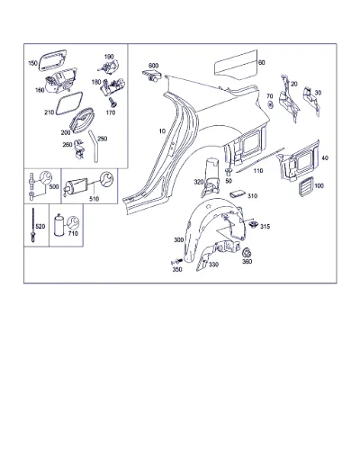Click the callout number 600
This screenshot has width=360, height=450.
(x=153, y=66)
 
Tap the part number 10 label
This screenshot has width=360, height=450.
(x=162, y=131)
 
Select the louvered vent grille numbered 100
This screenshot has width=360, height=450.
(x=306, y=186)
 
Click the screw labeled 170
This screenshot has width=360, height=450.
(x=113, y=103)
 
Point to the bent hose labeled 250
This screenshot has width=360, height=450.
(x=94, y=146)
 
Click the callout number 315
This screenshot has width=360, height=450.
(x=265, y=227)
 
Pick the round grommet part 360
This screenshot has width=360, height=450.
(x=247, y=253)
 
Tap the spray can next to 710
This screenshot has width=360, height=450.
(x=58, y=225)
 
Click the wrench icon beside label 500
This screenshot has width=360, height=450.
(x=46, y=177)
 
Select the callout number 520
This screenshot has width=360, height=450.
(x=40, y=226)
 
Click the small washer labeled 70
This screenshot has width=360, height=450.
(x=270, y=104)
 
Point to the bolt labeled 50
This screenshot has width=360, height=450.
(x=229, y=173)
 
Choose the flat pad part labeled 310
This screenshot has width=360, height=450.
(x=237, y=194)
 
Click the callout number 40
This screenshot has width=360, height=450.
(x=325, y=158)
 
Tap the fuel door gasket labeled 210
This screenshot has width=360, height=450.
(x=69, y=103)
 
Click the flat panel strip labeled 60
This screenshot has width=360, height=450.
(x=236, y=65)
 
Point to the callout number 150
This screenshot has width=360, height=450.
(x=32, y=63)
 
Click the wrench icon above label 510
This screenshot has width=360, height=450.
(x=107, y=178)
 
